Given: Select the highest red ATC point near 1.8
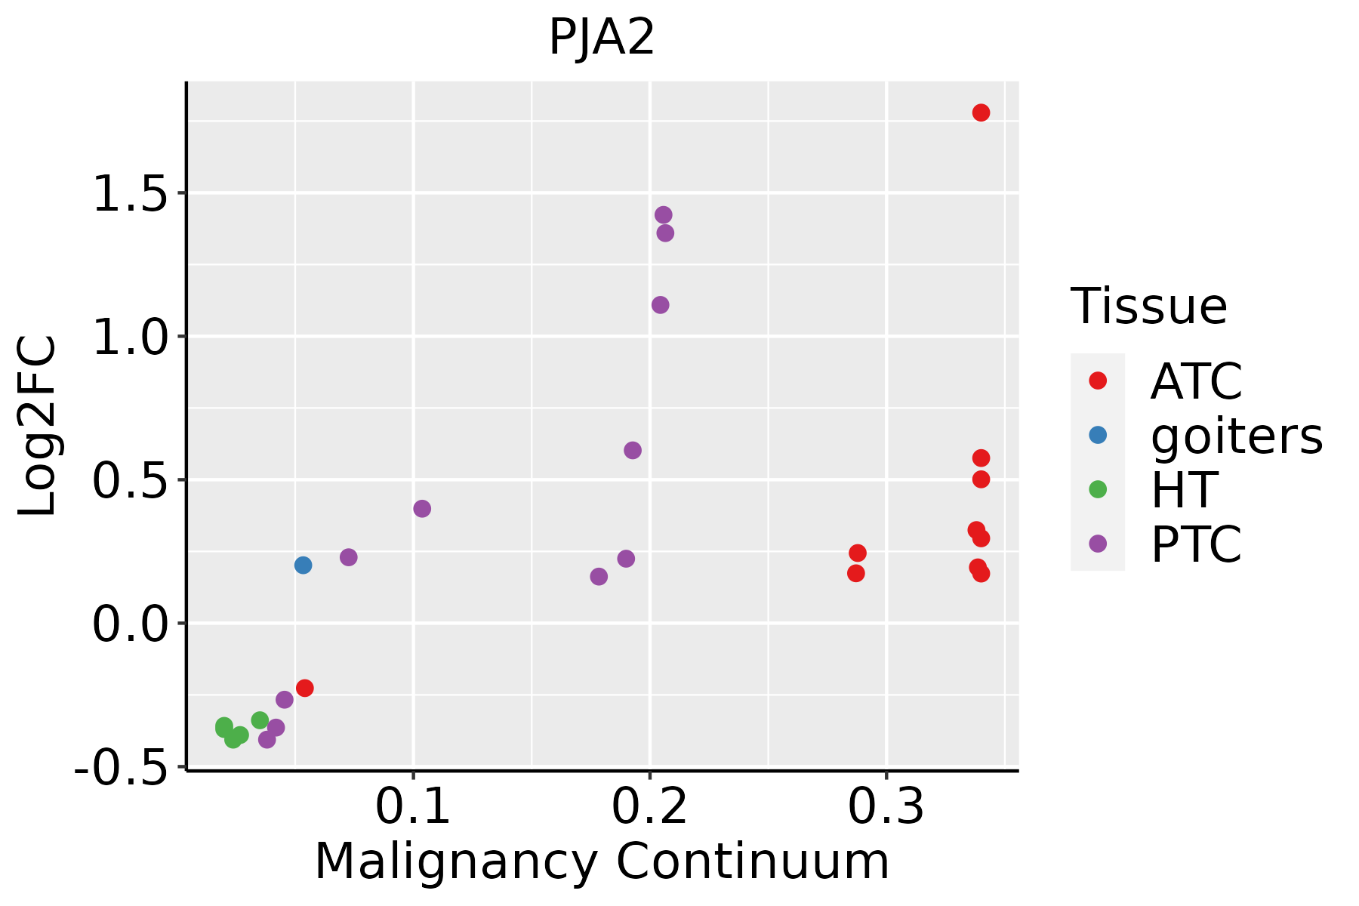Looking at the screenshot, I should (x=981, y=112).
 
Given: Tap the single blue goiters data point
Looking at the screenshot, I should (x=303, y=565).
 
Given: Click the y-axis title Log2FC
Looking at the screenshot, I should (x=38, y=427).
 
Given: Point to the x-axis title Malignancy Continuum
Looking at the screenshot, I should (x=602, y=861).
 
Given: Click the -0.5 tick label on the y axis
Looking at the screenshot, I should (x=128, y=769).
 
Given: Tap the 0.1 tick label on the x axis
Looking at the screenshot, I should (x=413, y=808).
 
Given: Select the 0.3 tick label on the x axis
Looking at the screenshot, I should (x=886, y=808).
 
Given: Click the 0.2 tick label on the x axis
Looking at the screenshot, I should (x=649, y=808).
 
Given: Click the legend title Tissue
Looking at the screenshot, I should (x=1149, y=307).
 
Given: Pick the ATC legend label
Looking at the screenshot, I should (x=1196, y=382).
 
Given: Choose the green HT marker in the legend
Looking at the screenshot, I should (x=1098, y=489).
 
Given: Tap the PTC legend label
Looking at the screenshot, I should (x=1196, y=544).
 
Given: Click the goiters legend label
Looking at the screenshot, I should (x=1237, y=436).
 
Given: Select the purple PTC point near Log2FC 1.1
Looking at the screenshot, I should (x=660, y=305).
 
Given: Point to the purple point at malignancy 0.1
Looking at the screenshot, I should (x=422, y=509).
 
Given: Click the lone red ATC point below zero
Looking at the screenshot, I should (x=304, y=688).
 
